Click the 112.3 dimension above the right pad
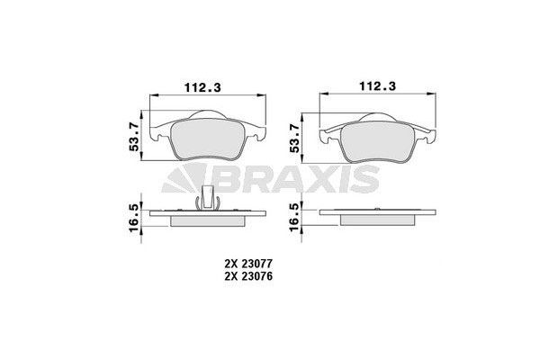click(378, 88)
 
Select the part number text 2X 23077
click(249, 263)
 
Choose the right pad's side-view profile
click(379, 217)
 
